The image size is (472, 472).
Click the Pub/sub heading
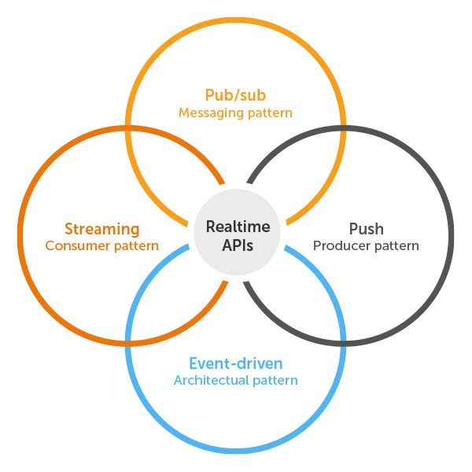[x=235, y=95]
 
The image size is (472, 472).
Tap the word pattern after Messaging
[x=269, y=113]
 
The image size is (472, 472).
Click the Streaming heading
[x=101, y=229]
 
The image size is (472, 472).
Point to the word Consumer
[x=76, y=246]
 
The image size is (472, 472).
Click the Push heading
[x=366, y=229]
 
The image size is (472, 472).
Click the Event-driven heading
[x=235, y=363]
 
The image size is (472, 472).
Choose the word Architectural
[x=208, y=381]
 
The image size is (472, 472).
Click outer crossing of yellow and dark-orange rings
[x=129, y=127]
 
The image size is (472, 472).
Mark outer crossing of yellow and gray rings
[x=343, y=127]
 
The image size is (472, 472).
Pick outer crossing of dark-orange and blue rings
[x=129, y=343]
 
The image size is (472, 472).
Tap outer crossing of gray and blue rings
[x=343, y=343]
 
